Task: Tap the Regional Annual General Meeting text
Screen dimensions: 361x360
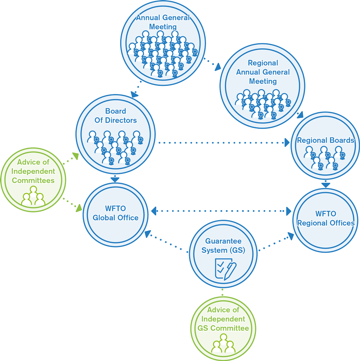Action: [263, 72]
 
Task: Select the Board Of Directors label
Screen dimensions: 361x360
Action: [115, 116]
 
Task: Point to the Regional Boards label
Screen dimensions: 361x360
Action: [325, 140]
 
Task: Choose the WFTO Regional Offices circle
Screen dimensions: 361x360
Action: [326, 218]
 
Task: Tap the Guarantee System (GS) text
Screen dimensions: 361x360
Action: [223, 246]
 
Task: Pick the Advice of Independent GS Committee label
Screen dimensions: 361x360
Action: [223, 319]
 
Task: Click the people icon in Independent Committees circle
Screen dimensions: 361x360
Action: [33, 196]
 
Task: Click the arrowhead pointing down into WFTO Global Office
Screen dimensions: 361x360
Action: [115, 179]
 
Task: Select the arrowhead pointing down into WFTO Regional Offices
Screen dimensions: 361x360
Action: [325, 185]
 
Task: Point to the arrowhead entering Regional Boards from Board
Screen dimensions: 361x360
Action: [287, 142]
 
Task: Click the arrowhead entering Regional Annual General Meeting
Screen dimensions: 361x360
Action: [218, 67]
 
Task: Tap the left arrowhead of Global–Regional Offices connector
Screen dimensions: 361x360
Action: [154, 211]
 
